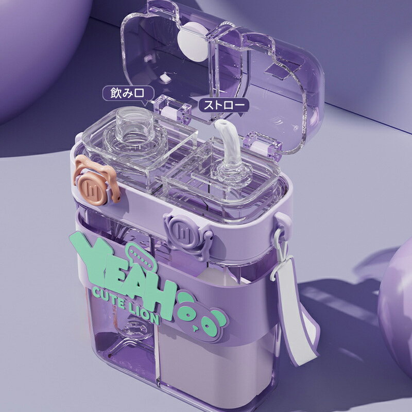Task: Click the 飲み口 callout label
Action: coord(128,93)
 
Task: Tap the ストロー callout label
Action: coord(224,106)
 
